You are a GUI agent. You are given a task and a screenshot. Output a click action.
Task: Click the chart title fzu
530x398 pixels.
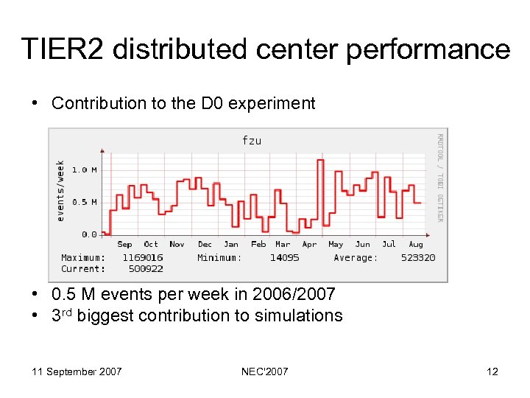(252, 140)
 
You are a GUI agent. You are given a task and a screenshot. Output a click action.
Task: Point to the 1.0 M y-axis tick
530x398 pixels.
(84, 170)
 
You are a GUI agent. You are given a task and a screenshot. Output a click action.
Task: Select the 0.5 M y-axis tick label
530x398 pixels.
(84, 202)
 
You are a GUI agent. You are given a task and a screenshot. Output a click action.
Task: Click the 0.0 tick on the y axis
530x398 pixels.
(88, 234)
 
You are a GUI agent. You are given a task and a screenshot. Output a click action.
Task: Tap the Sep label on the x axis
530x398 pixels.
(124, 245)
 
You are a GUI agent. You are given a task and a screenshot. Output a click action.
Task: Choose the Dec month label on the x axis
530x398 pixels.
(205, 245)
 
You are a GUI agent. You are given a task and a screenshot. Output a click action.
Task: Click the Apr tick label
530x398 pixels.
(309, 245)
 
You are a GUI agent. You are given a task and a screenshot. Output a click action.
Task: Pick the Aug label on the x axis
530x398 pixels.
(416, 245)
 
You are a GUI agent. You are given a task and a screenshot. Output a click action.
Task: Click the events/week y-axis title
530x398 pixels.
(60, 190)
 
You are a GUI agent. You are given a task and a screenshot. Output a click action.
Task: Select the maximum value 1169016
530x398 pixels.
(143, 258)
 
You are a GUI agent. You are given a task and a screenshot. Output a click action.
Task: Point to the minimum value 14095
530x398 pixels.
(284, 258)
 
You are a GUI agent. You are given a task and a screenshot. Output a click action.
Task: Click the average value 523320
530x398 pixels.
(417, 258)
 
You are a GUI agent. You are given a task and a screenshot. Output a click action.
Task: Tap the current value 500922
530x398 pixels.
(145, 268)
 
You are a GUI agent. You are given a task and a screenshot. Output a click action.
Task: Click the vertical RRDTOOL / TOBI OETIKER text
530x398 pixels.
(439, 177)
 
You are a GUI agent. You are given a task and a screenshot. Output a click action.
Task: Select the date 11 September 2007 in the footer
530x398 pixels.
(77, 371)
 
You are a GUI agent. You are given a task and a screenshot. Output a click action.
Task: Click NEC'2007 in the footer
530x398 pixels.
(265, 371)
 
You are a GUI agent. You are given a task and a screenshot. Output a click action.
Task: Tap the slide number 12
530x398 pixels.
(492, 371)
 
